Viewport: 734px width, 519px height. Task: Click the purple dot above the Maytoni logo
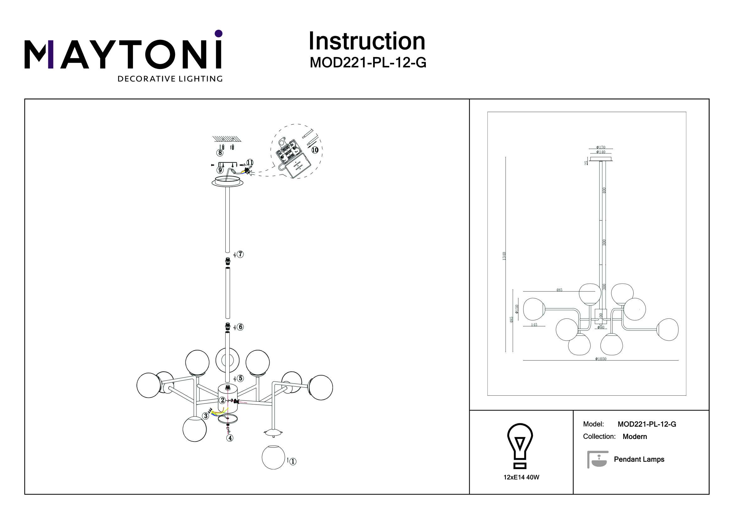(219, 33)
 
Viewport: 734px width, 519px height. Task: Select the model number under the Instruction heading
(368, 63)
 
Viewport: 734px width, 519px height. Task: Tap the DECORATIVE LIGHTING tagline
(170, 79)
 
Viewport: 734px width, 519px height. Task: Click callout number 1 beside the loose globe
(292, 462)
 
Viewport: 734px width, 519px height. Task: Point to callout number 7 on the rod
(240, 254)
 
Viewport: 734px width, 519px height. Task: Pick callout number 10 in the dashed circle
(315, 150)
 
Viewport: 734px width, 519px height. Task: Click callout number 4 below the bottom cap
(230, 438)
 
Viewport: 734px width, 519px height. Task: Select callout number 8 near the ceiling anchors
(220, 153)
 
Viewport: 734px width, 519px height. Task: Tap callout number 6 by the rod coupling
(240, 327)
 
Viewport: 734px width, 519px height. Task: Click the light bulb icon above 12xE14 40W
(520, 446)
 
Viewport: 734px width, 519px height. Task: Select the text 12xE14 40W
(521, 478)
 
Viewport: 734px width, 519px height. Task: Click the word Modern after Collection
(635, 436)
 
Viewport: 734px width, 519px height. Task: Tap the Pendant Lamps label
(639, 459)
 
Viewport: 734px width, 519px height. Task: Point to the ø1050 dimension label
(601, 359)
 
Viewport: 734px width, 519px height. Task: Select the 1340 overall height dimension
(504, 256)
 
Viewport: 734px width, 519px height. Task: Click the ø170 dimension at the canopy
(601, 147)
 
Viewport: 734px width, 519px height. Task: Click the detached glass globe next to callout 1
(273, 457)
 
